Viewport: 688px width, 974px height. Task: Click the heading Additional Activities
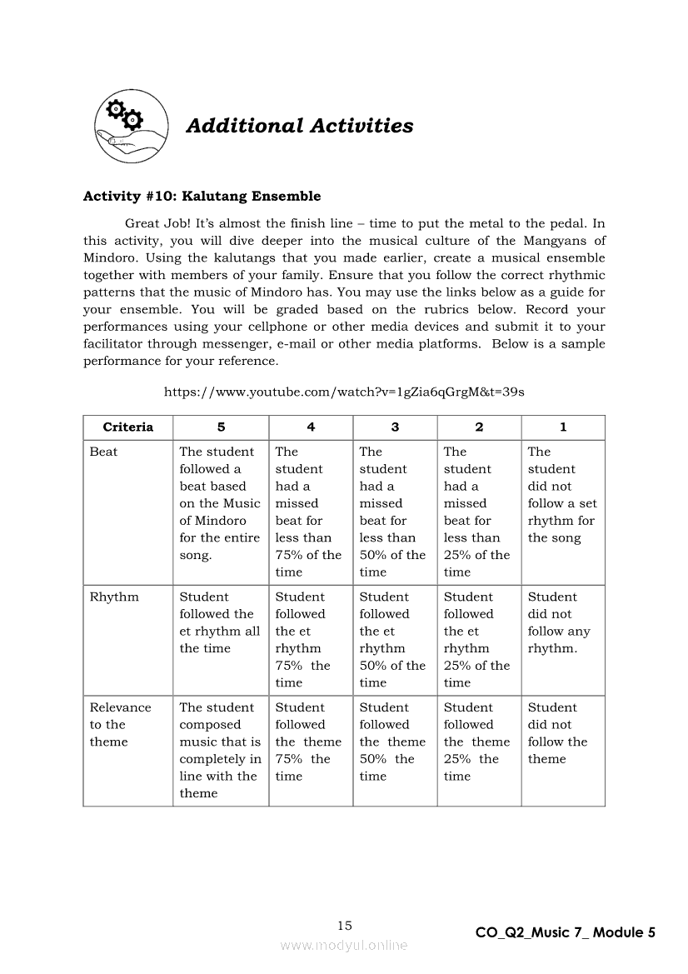pos(299,126)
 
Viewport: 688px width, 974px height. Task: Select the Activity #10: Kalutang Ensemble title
pos(202,197)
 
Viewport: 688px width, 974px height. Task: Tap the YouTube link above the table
pos(343,392)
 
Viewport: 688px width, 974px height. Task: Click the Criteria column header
pos(128,427)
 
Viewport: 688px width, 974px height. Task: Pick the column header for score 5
pos(221,427)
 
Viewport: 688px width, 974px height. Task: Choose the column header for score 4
pos(311,427)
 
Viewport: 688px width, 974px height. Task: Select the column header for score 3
pos(395,427)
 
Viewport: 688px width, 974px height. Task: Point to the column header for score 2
pos(479,427)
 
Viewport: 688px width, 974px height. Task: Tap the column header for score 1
pos(563,427)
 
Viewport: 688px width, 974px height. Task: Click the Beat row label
pos(104,452)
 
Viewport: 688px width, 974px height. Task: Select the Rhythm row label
pos(114,597)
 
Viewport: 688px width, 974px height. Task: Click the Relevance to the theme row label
pos(120,724)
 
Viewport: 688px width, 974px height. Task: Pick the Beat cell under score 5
pos(220,503)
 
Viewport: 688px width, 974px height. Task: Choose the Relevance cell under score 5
pos(220,750)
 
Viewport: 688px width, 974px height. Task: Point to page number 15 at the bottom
pos(345,926)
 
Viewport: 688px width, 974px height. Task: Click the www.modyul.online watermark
pos(344,945)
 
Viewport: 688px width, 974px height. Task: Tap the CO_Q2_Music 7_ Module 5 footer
pos(565,933)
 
